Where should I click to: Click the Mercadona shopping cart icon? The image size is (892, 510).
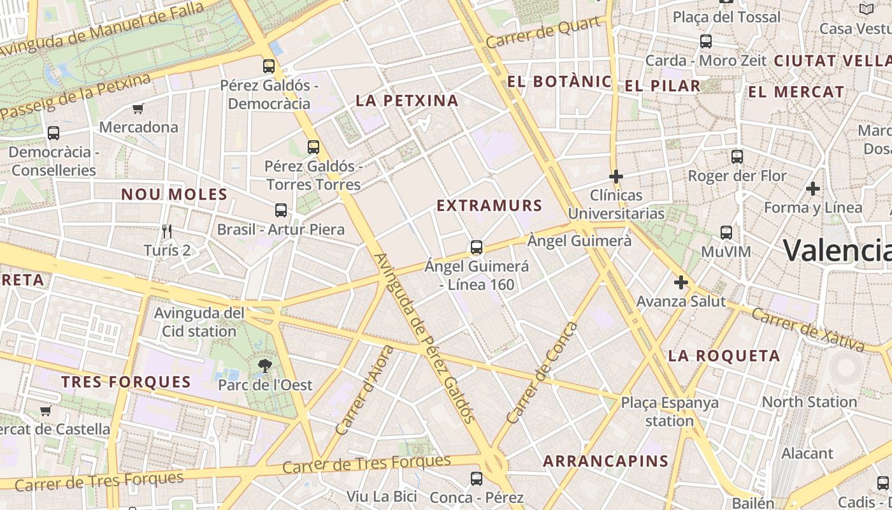138,108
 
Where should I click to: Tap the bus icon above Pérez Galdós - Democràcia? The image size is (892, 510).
269,66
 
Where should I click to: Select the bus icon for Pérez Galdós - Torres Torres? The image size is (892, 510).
313,147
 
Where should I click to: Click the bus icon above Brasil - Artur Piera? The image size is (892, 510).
280,210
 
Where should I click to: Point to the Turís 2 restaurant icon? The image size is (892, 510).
167,231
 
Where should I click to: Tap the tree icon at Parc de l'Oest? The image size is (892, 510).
264,366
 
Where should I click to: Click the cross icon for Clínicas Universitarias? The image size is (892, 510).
615,176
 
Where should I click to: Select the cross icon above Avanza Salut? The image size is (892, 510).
681,282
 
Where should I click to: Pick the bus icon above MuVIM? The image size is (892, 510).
726,233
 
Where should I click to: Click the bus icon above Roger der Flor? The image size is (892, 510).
737,156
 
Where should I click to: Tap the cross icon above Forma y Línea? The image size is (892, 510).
812,189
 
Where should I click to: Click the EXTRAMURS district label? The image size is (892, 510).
489,205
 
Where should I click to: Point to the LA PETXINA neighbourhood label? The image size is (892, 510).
407,100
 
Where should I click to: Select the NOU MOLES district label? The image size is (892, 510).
174,194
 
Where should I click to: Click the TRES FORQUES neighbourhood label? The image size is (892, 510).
126,382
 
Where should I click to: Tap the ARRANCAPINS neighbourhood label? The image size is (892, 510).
605,461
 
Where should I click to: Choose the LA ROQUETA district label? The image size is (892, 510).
724,356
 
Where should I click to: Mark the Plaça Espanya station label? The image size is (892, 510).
670,411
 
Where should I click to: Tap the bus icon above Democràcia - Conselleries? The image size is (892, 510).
54,133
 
